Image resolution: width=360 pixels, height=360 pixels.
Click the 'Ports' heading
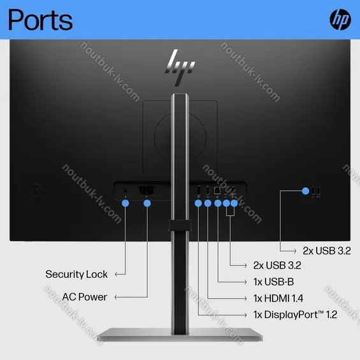tap(40, 20)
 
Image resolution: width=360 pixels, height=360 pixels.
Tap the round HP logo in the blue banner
tap(340, 20)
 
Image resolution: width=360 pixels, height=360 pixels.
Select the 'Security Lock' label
tap(76, 274)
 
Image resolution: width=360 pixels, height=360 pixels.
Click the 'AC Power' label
tap(85, 297)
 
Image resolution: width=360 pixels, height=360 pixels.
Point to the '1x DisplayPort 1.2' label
tap(295, 315)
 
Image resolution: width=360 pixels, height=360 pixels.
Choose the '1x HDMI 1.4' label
tap(278, 298)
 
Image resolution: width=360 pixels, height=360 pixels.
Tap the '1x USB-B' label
tap(274, 282)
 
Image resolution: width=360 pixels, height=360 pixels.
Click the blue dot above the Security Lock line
tap(126, 203)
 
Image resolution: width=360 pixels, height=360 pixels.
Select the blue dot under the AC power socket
tap(147, 203)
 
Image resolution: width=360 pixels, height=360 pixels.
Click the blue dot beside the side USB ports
tap(306, 191)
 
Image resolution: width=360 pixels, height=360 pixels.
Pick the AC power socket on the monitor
tap(147, 191)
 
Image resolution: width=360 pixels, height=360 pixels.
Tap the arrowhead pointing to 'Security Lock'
tap(117, 274)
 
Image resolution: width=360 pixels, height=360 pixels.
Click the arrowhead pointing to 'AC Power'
tap(117, 298)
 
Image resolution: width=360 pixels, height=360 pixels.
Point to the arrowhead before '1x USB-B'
tap(245, 282)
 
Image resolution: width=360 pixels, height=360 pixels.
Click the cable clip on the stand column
tap(180, 225)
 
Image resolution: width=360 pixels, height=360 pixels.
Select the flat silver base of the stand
tap(180, 335)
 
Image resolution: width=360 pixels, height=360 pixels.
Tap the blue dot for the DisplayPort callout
tap(198, 203)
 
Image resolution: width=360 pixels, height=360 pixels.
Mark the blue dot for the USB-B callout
tap(218, 203)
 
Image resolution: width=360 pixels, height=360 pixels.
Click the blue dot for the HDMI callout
tap(208, 203)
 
